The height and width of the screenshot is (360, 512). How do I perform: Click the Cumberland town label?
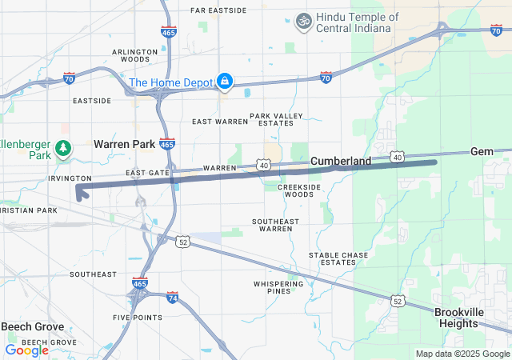341,161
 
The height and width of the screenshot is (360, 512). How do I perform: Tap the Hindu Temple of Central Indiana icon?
303,21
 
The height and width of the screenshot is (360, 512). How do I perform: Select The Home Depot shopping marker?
226,81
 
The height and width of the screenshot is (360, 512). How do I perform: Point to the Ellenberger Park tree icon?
63,148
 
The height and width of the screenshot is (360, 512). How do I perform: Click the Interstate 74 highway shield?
173,297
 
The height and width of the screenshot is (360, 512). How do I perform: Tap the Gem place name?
482,151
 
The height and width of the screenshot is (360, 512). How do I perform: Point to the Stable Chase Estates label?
338,258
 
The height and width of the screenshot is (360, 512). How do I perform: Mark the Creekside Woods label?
295,190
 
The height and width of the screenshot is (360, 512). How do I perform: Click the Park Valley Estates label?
277,120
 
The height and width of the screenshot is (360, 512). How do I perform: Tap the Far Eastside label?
218,10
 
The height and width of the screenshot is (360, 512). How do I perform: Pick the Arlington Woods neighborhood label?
130,55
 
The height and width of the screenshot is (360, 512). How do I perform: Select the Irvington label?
70,178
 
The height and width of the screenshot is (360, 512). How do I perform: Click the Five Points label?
138,318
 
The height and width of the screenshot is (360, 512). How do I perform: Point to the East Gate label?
148,173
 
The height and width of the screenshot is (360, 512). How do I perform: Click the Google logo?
26,350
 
